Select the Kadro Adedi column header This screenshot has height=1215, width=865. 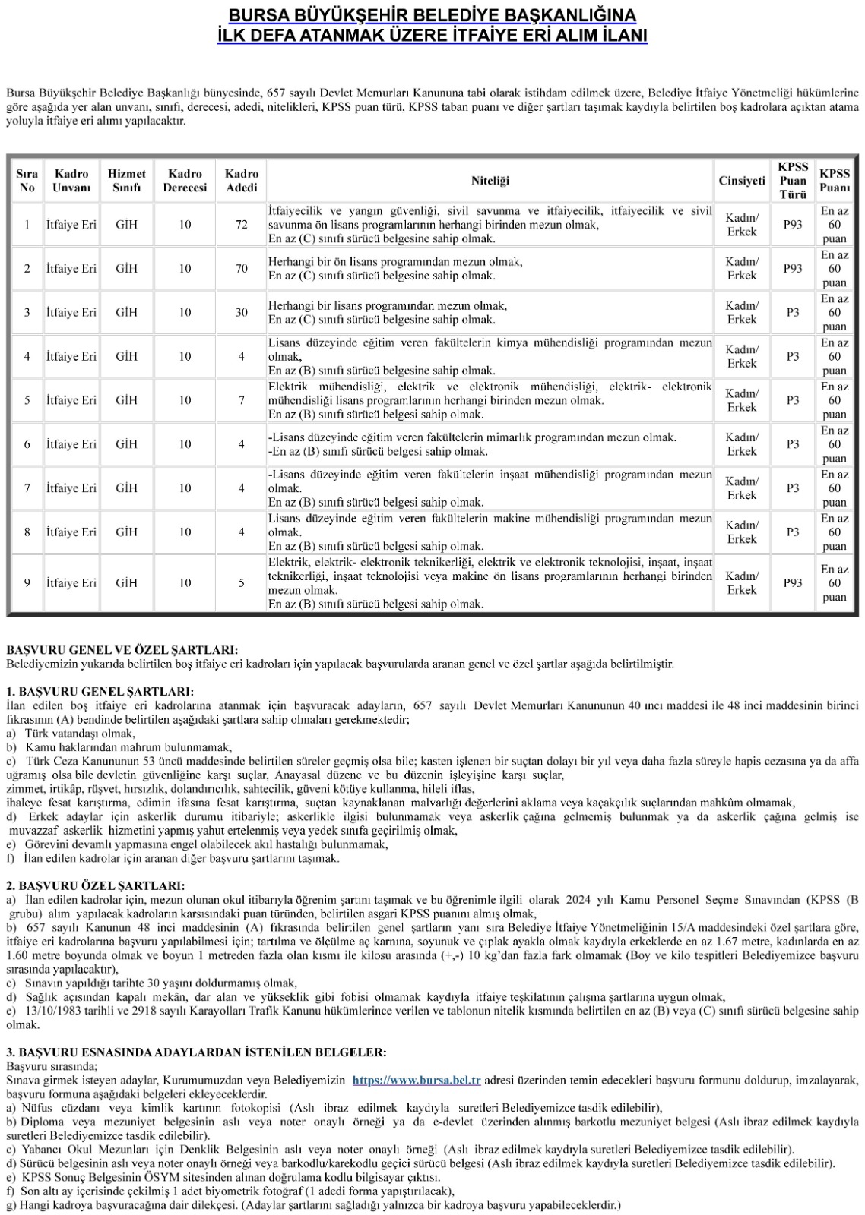click(242, 181)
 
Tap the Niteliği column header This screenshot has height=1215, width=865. click(490, 181)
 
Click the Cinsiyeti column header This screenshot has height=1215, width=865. click(742, 181)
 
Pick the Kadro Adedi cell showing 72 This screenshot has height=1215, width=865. click(242, 225)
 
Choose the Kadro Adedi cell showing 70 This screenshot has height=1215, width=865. click(242, 269)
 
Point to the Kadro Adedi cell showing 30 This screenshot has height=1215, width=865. click(242, 313)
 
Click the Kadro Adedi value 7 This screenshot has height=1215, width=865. click(242, 400)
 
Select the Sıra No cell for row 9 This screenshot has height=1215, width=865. click(27, 583)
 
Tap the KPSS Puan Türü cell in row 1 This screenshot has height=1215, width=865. click(793, 225)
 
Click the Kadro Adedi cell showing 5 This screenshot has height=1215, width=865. click(242, 583)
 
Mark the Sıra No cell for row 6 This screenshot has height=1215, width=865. click(27, 444)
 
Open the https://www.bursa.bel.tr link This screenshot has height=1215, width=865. click(417, 1080)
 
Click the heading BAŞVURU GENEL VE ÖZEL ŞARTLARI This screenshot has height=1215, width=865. click(122, 651)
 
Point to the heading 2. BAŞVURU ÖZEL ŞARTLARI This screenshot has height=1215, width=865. click(95, 885)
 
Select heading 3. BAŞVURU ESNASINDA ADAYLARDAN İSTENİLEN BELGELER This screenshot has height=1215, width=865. click(196, 1052)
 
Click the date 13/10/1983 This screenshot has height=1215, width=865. click(51, 1011)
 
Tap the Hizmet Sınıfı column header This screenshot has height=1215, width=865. click(127, 181)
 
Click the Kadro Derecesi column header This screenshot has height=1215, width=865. click(185, 181)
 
